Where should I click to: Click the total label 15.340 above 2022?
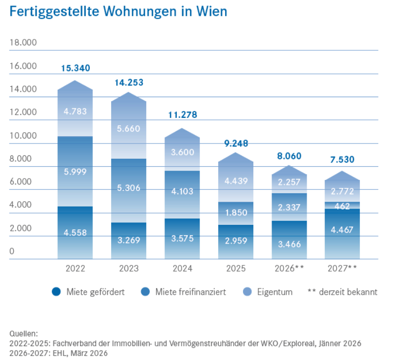pyautogui.click(x=76, y=68)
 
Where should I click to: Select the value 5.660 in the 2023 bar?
pyautogui.click(x=129, y=129)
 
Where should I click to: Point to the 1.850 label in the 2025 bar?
pyautogui.click(x=236, y=213)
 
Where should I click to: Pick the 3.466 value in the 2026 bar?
pyautogui.click(x=289, y=244)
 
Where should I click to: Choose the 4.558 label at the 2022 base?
pyautogui.click(x=76, y=232)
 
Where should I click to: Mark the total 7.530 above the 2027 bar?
pyautogui.click(x=342, y=160)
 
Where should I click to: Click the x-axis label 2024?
pyautogui.click(x=182, y=269)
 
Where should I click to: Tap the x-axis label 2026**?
pyautogui.click(x=289, y=269)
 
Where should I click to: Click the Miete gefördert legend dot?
pyautogui.click(x=56, y=292)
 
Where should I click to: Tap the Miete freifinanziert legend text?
pyautogui.click(x=191, y=292)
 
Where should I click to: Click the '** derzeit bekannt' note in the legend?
pyautogui.click(x=342, y=292)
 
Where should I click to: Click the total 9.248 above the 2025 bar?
pyautogui.click(x=236, y=144)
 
